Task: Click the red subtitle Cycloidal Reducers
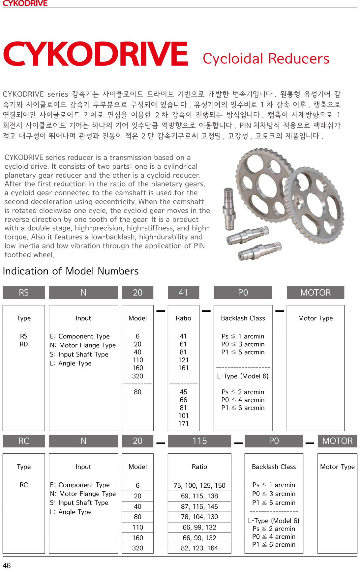[x=266, y=59]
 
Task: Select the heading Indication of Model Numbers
[x=71, y=271]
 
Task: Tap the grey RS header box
[x=24, y=293]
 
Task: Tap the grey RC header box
[x=24, y=441]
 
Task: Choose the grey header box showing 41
[x=183, y=293]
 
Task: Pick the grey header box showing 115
[x=199, y=441]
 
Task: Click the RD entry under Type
[x=24, y=344]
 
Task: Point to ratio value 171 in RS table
[x=183, y=423]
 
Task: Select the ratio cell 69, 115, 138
[x=199, y=496]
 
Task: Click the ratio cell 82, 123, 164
[x=199, y=548]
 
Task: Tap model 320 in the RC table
[x=137, y=548]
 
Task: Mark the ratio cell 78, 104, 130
[x=199, y=517]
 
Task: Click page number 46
[x=7, y=565]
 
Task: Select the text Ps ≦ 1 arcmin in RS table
[x=243, y=336]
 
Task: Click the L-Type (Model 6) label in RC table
[x=274, y=521]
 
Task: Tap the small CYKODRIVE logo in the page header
[x=25, y=3]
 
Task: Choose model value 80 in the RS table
[x=137, y=392]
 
